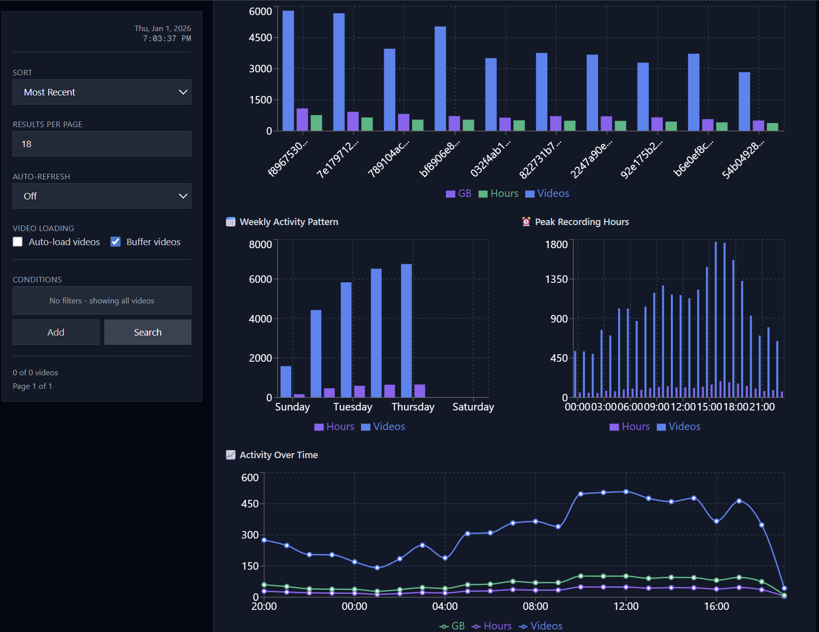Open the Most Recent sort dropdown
(x=101, y=92)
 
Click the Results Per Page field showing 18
(x=101, y=144)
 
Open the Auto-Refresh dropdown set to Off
(x=101, y=196)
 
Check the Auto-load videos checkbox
(x=18, y=242)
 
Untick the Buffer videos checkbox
(x=115, y=242)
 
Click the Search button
(x=148, y=332)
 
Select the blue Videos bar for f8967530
(x=288, y=70)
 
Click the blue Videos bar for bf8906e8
(x=440, y=78)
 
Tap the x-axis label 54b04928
(x=743, y=158)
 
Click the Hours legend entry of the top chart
(x=499, y=193)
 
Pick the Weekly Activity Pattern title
(x=289, y=222)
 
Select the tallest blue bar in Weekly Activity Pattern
(x=406, y=330)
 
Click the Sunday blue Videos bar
(x=286, y=381)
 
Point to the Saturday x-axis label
(x=473, y=407)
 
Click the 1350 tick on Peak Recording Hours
(x=556, y=279)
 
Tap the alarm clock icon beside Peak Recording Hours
(x=526, y=222)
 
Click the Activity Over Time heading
(x=279, y=455)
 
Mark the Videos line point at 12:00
(x=626, y=492)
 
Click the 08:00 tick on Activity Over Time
(x=535, y=606)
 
